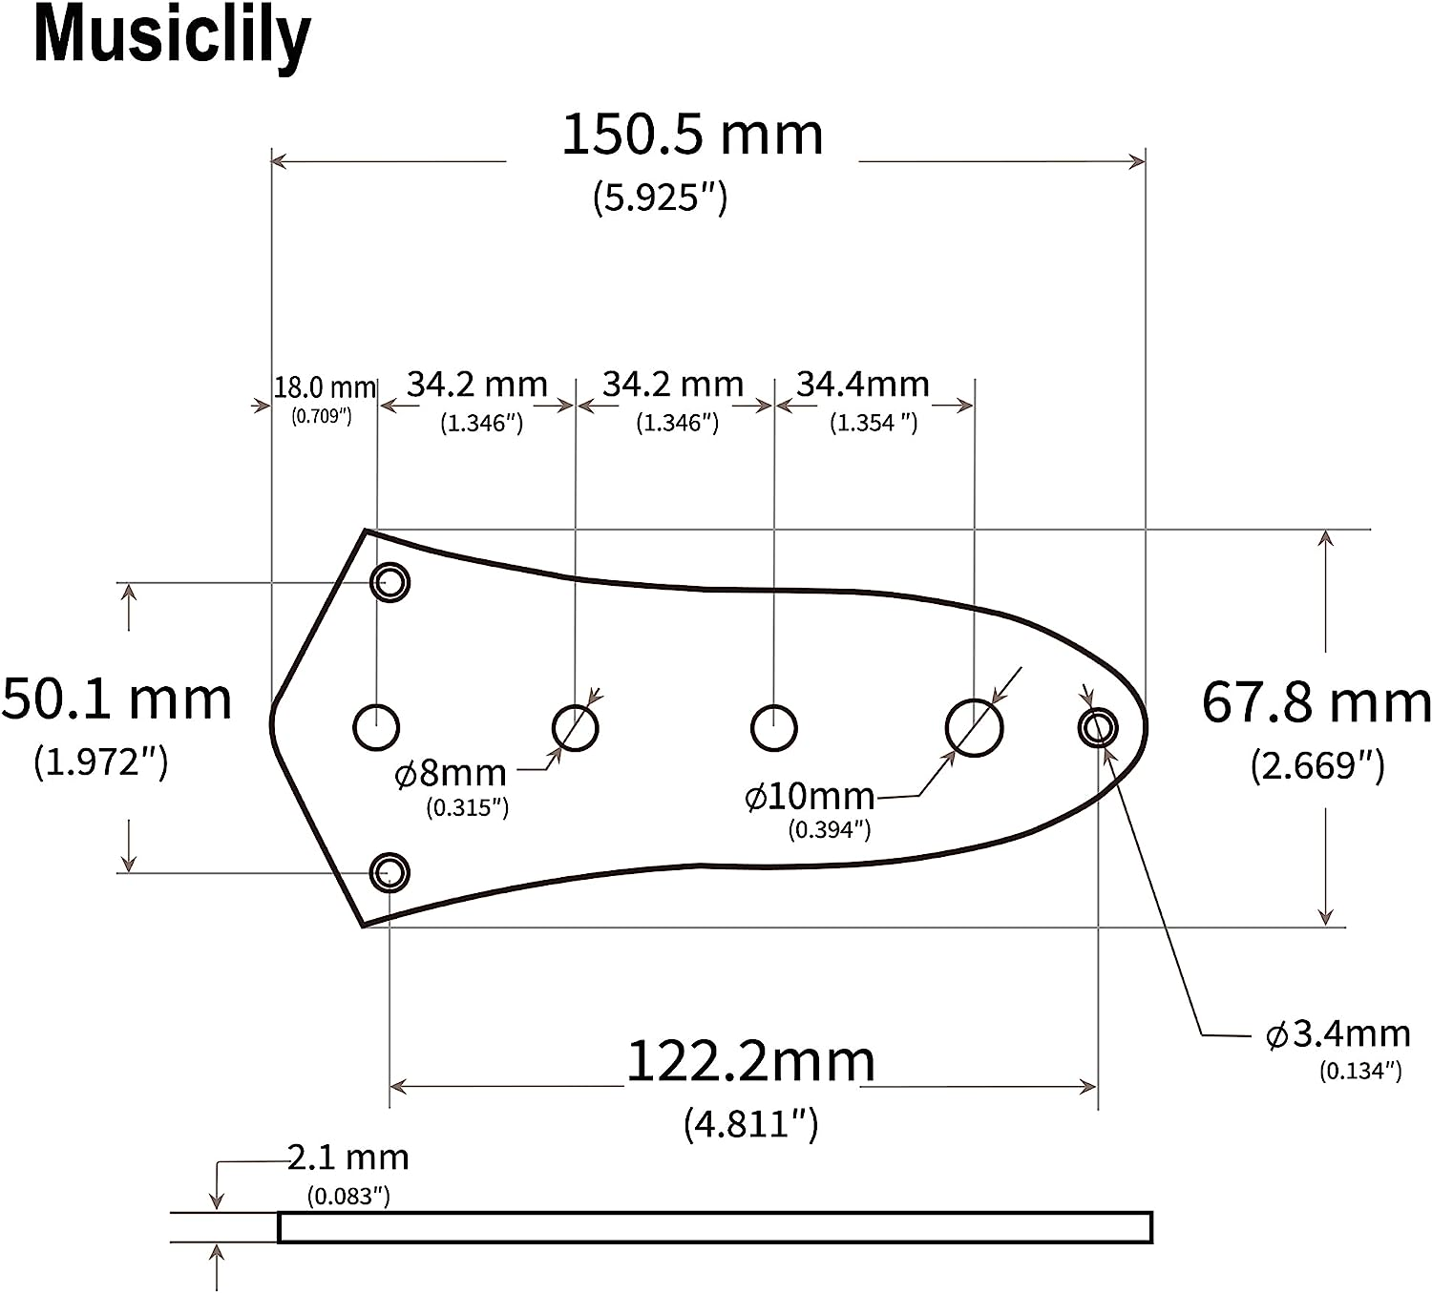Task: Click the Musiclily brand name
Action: click(172, 36)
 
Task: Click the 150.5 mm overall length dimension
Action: click(691, 135)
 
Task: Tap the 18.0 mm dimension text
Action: click(325, 387)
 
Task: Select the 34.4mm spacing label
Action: click(863, 385)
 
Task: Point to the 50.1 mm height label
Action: click(116, 699)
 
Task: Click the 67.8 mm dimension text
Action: click(1316, 702)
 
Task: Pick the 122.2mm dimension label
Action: click(750, 1061)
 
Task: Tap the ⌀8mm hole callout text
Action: click(451, 772)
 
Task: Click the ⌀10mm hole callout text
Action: click(810, 796)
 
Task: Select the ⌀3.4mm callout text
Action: click(1337, 1033)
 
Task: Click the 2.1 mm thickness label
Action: click(348, 1157)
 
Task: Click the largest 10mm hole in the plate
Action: click(974, 728)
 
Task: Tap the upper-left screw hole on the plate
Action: click(390, 582)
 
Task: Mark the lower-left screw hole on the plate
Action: click(390, 872)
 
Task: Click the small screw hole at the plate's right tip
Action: click(1098, 728)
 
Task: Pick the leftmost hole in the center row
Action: click(376, 728)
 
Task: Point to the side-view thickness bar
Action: click(714, 1227)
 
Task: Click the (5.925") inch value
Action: click(660, 198)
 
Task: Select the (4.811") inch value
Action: click(750, 1124)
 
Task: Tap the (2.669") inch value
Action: click(1316, 765)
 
